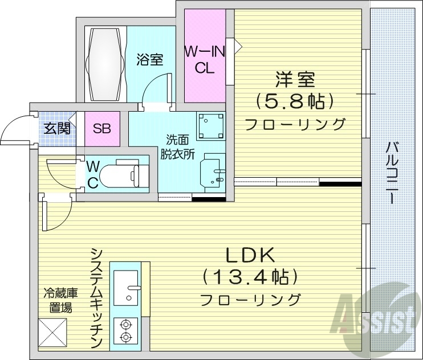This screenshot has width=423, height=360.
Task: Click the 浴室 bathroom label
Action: pyautogui.click(x=151, y=59)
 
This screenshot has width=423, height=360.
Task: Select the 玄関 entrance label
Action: pyautogui.click(x=58, y=128)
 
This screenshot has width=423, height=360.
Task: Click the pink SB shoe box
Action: pyautogui.click(x=102, y=128)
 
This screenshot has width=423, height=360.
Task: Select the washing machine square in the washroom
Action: pyautogui.click(x=211, y=125)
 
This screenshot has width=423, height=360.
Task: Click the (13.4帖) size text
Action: pyautogui.click(x=251, y=277)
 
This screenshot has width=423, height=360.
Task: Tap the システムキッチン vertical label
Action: pyautogui.click(x=96, y=298)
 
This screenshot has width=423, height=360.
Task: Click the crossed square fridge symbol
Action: pyautogui.click(x=52, y=332)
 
